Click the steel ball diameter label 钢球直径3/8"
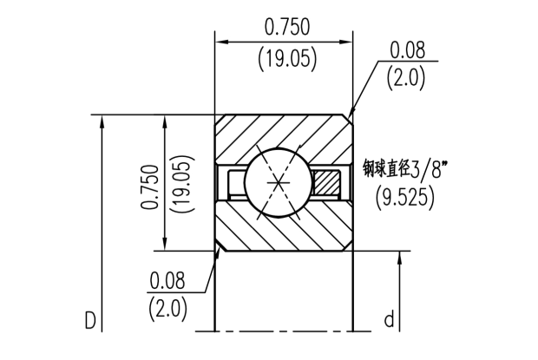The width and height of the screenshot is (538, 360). (403, 167)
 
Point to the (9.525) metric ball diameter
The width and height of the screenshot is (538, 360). (405, 197)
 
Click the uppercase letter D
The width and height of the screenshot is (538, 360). (89, 321)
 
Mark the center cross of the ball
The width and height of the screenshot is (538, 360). (277, 184)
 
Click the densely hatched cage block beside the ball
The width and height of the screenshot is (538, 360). (327, 183)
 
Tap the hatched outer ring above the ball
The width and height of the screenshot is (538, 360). (260, 134)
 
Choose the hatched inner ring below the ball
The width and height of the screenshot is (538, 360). (278, 230)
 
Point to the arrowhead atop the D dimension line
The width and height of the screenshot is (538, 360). (103, 121)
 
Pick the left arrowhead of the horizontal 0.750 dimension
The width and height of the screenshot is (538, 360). (222, 41)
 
